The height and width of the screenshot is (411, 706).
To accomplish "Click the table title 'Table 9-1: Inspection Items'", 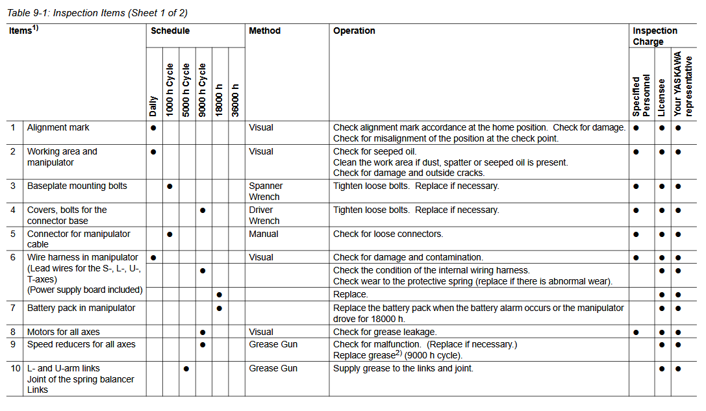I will click(x=97, y=13).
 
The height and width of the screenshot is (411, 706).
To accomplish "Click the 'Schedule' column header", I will click(x=170, y=31).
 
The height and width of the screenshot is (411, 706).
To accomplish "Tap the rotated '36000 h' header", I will click(x=236, y=100).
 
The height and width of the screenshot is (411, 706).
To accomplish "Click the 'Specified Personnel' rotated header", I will click(x=641, y=95).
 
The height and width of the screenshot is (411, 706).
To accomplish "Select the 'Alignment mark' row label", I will click(x=58, y=128).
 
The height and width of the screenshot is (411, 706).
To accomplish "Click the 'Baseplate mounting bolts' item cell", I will click(x=77, y=186).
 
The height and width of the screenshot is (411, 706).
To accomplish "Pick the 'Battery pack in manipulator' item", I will click(x=81, y=308).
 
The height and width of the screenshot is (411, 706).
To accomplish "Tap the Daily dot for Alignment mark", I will click(x=153, y=128).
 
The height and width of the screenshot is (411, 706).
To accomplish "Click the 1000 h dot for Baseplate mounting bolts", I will click(x=170, y=186).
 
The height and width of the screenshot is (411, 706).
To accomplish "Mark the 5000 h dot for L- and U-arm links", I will click(x=186, y=369).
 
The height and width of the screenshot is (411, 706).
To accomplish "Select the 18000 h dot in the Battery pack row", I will click(x=220, y=308).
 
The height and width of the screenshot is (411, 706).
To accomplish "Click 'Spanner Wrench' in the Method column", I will click(x=265, y=192).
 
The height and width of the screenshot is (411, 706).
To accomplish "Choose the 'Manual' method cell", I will click(x=264, y=234).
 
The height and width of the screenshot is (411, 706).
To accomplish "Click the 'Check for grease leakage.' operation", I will click(x=385, y=332).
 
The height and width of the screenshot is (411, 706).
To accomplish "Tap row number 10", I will click(x=15, y=369).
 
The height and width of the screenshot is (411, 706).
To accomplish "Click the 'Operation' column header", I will click(x=354, y=31).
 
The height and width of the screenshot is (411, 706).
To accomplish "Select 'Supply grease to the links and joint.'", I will click(x=403, y=369).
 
